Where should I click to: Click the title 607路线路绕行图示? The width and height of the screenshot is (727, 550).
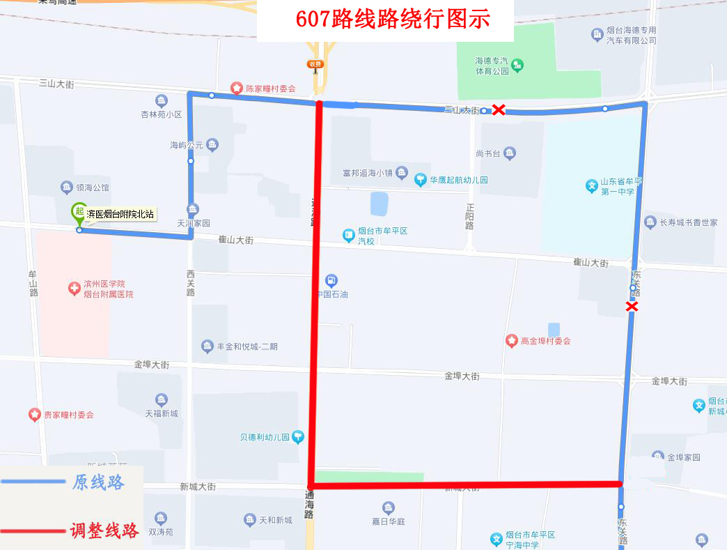coord(393,19)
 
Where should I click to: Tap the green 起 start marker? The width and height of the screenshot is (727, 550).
coord(79,211)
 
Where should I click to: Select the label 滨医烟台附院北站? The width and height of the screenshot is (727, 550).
coord(120,215)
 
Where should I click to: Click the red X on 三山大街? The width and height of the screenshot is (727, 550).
coord(499,109)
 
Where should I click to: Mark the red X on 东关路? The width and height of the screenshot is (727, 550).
coord(632,306)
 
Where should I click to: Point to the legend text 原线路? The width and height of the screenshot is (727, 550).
coord(98,482)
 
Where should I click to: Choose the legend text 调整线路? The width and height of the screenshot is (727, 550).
coord(104,530)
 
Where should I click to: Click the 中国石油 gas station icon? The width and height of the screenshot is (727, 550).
coord(331,280)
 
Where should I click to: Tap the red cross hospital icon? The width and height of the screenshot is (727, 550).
coord(75,289)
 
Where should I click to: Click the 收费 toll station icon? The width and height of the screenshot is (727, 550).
coord(315,64)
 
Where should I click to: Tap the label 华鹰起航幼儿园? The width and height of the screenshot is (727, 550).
coord(458,180)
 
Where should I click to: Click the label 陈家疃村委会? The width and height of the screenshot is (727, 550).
coord(270,89)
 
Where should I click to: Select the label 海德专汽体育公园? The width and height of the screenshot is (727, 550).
coord(492,66)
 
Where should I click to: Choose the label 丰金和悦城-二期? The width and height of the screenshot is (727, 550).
coord(247,346)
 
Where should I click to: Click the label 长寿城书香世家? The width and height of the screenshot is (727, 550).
coord(688,222)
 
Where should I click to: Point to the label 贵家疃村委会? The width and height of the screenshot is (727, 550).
coord(68,415)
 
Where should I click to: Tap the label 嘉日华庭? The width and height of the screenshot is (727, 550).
coord(388,521)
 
